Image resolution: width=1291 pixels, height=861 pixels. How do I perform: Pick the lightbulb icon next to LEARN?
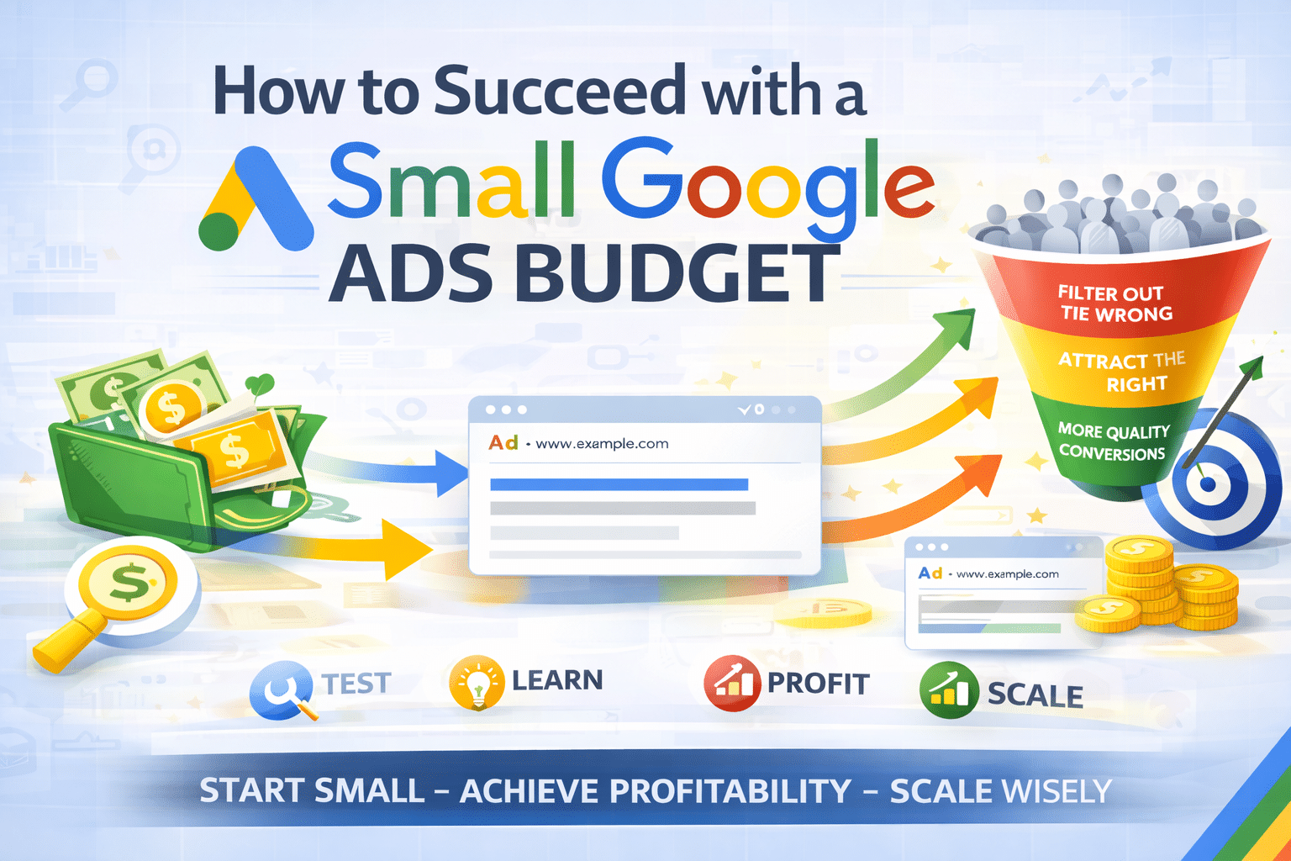(x=477, y=682)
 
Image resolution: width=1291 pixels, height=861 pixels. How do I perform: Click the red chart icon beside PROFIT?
(x=731, y=684)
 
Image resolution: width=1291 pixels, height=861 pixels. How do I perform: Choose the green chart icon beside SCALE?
(x=949, y=690)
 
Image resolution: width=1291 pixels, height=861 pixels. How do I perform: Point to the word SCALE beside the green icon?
(x=1035, y=695)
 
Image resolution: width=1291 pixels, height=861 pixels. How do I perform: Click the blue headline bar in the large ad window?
(x=619, y=484)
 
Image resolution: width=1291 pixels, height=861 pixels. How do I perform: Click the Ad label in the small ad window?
(x=930, y=573)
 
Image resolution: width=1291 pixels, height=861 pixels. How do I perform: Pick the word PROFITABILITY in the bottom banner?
(x=656, y=791)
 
